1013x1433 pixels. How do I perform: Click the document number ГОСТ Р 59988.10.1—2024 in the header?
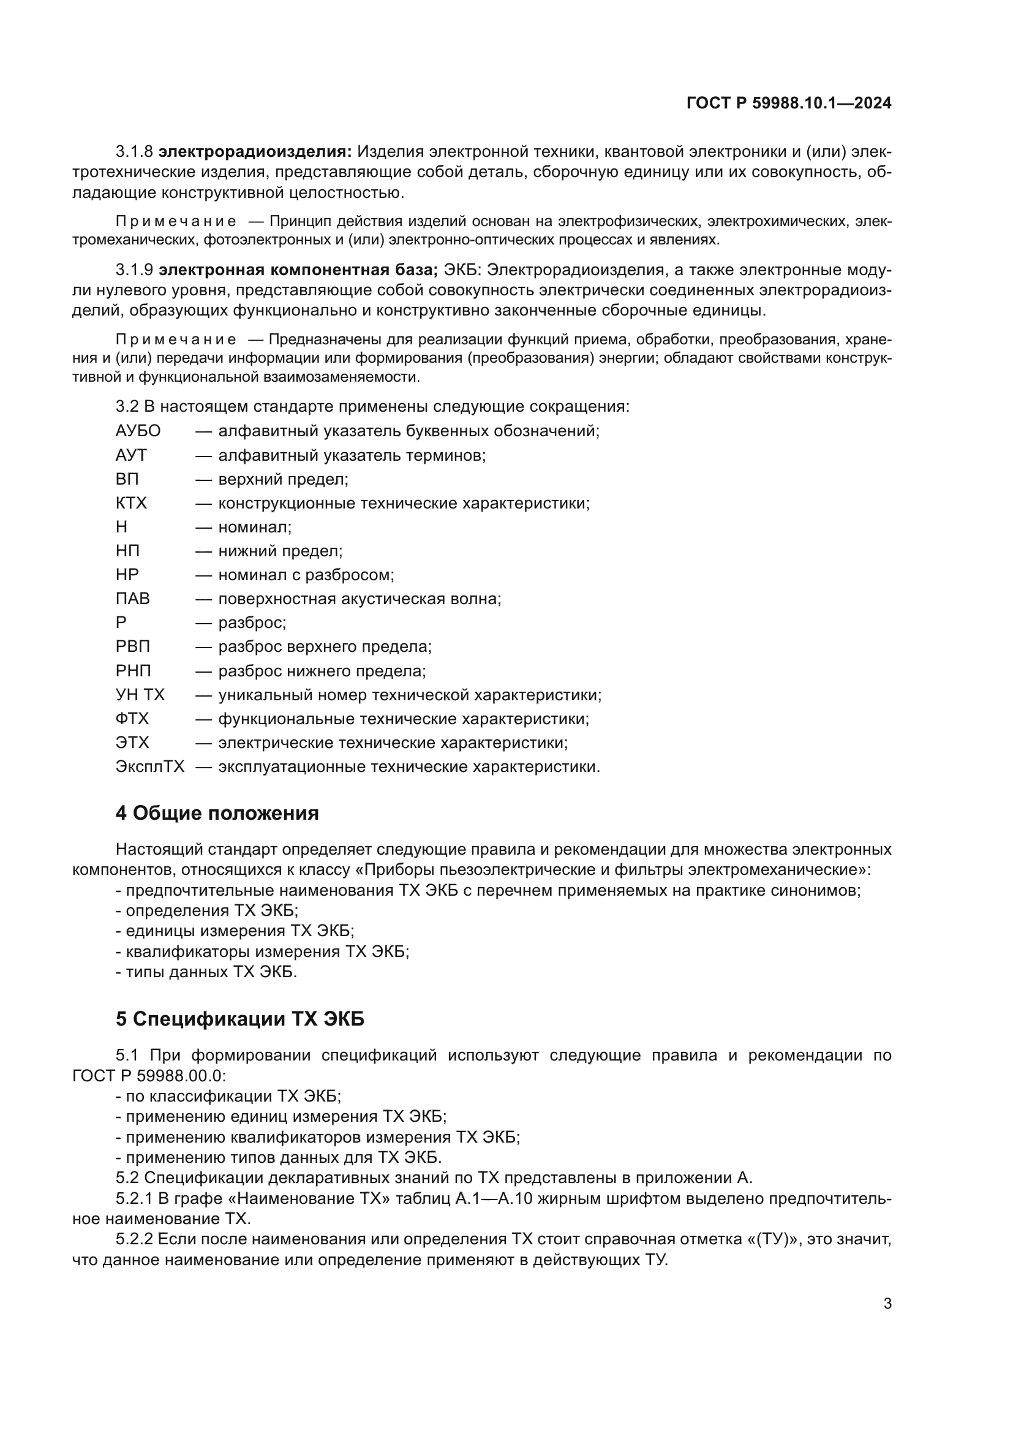coord(788,104)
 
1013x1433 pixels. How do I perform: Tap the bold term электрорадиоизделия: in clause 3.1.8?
coord(255,152)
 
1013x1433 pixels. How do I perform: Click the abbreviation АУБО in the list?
coord(138,431)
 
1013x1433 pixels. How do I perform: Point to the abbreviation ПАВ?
coord(132,599)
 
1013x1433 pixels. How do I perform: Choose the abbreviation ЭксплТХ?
coord(149,766)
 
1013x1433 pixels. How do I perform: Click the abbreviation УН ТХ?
coord(140,695)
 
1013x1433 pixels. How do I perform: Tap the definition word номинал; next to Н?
coord(255,527)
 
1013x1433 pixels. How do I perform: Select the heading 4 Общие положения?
coord(217,812)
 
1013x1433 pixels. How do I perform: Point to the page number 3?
coord(887,1304)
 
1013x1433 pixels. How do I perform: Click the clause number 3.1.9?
coord(134,270)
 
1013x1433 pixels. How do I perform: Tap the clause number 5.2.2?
coord(134,1239)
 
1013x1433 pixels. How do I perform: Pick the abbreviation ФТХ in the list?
coord(132,719)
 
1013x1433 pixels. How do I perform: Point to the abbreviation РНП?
coord(133,671)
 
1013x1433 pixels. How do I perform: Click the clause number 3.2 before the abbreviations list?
coord(127,406)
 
